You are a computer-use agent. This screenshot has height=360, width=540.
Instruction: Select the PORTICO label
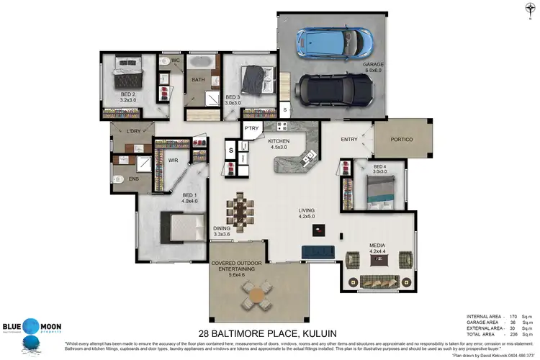click(401, 139)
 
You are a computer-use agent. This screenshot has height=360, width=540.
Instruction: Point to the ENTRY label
click(349, 139)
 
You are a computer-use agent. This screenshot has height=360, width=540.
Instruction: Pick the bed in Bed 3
click(253, 77)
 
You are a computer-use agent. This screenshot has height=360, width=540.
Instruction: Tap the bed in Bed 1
click(181, 229)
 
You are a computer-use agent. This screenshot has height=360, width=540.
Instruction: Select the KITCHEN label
click(279, 143)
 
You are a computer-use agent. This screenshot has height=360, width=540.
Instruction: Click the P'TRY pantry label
click(251, 128)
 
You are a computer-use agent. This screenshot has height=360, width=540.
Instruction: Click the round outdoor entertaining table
click(255, 295)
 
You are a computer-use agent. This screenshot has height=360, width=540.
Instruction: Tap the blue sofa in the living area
click(317, 251)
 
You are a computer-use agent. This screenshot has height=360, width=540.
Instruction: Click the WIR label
click(173, 161)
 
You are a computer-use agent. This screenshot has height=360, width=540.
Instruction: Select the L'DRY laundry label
click(132, 131)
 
